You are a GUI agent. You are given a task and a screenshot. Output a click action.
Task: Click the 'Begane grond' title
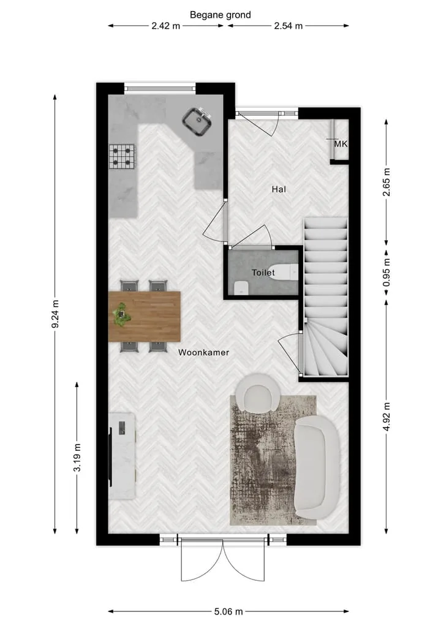(220, 15)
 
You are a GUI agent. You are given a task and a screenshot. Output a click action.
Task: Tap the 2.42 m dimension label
(165, 26)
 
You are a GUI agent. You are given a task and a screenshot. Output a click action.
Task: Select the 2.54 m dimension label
(288, 26)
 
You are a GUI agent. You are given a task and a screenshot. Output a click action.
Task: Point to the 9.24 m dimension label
(55, 314)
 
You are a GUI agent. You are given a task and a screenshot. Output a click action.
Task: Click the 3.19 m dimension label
(77, 458)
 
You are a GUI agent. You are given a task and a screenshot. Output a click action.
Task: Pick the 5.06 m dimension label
(228, 611)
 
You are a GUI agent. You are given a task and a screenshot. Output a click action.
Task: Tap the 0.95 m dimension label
(386, 273)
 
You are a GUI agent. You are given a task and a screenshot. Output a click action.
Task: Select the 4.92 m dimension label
(386, 417)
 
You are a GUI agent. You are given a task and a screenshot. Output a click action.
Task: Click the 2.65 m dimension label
(386, 182)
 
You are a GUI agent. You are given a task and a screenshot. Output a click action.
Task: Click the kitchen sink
(197, 121)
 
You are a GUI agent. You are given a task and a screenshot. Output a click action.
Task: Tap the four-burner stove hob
(122, 156)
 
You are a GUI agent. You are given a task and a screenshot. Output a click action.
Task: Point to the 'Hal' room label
(279, 189)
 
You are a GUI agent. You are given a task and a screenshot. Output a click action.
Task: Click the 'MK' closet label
(341, 144)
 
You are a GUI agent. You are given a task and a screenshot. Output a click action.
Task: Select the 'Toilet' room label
(263, 273)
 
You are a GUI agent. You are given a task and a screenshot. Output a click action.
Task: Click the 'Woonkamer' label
(203, 352)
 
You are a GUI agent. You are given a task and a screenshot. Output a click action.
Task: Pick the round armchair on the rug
(257, 393)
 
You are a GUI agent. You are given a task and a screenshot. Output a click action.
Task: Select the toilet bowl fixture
(284, 272)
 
